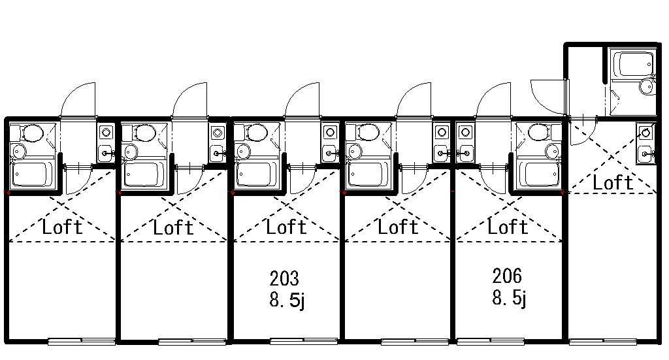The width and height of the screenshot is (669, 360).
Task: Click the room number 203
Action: point(284,279)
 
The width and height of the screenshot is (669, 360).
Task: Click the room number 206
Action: point(508,276)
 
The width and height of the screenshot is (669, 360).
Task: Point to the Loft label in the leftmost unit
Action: point(63,227)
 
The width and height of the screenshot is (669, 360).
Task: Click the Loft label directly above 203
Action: point(286,227)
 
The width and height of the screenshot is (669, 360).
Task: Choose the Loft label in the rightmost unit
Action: point(613,183)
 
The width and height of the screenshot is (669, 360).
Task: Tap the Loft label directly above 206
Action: point(508,227)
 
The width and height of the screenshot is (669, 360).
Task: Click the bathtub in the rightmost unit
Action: point(631,65)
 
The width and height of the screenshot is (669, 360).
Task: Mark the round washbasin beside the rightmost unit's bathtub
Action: point(647,86)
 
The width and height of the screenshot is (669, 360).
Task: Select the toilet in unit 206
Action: point(538,133)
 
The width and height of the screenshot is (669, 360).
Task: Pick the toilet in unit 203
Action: point(256,133)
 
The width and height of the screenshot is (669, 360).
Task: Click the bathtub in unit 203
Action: point(255,174)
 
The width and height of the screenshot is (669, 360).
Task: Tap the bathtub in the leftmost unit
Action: point(33,174)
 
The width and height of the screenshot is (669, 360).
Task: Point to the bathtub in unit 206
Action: point(540,174)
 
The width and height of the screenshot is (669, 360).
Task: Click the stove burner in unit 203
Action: point(330,132)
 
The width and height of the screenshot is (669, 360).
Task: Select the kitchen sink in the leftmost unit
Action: point(106,154)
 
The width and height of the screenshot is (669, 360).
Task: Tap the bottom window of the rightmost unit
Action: point(604,340)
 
